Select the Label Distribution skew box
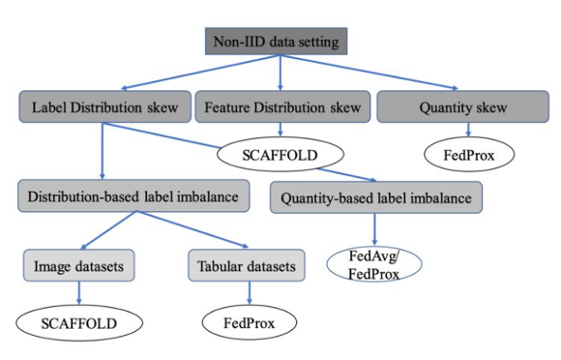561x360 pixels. point(102,106)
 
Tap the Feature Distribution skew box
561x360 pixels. point(280,106)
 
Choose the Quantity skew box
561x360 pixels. point(449,106)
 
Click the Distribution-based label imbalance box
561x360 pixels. point(128,198)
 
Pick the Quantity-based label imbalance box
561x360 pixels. point(375,198)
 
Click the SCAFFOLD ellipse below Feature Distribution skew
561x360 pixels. point(280,153)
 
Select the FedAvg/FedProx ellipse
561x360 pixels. point(374,263)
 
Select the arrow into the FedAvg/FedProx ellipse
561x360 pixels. point(374,230)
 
